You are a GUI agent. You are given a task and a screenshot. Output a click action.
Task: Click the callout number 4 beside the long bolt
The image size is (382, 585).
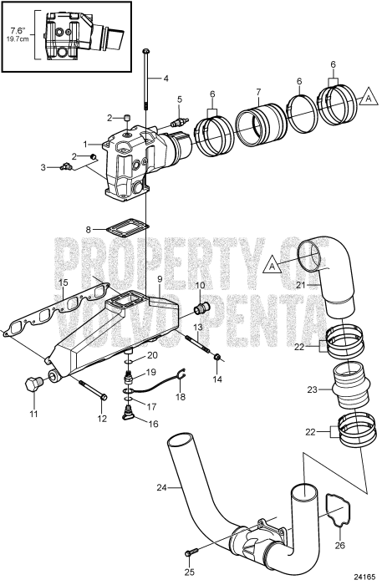click(x=166, y=79)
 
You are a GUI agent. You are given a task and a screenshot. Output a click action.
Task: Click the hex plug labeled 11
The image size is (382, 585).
click(x=34, y=387)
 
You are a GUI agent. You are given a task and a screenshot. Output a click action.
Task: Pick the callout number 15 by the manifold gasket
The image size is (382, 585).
click(x=63, y=284)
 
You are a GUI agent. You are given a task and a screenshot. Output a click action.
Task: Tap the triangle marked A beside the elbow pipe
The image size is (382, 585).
click(x=272, y=266)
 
